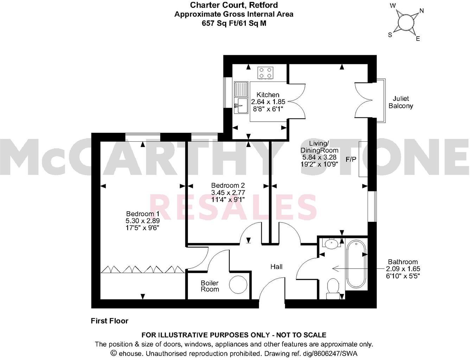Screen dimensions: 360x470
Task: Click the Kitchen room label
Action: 268,95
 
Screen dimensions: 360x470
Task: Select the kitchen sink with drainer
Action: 241,98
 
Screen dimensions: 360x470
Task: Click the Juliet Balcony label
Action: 401,102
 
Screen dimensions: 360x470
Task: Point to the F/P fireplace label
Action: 351,160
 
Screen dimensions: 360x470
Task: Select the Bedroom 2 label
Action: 228,185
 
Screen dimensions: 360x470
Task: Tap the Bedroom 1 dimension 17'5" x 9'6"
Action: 143,227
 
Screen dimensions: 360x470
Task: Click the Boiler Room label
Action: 210,286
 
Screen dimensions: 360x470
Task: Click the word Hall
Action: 277,267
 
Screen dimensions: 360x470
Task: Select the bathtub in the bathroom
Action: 356,264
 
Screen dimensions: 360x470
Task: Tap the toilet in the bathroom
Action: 332,288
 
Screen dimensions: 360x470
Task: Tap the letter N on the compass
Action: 421,11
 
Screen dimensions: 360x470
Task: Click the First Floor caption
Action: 109,321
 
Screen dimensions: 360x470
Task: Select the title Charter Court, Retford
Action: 234,5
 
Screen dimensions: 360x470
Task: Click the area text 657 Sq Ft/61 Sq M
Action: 234,23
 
